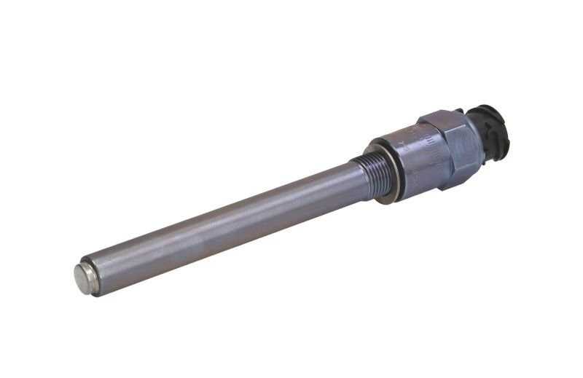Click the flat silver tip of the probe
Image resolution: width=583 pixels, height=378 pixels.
pyautogui.click(x=85, y=278)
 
